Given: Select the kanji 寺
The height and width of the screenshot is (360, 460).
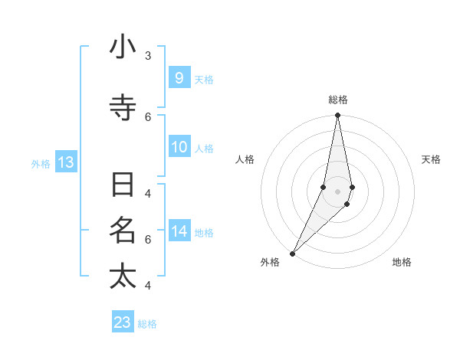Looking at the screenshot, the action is pos(123,108).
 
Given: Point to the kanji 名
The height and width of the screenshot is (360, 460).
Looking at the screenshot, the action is pos(123,230).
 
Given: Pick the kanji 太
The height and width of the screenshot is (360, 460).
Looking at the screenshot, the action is pos(123,277).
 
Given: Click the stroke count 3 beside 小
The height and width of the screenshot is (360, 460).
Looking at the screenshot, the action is pos(148,56).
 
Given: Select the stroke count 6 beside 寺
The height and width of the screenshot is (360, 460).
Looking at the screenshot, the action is pos(148,116).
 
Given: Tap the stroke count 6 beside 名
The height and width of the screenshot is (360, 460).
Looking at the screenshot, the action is pos(148,239).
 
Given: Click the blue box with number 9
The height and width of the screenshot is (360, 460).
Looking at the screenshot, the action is pos(179,77).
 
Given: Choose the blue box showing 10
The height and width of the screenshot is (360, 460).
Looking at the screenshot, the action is pos(179,147).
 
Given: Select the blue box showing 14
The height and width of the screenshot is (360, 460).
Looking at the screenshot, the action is pos(179,231).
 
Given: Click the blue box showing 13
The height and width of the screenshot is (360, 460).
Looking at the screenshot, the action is pos(65,162).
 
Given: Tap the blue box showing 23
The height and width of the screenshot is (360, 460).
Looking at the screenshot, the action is pos(123,322).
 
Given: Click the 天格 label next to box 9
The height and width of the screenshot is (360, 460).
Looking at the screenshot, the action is pos(204,79).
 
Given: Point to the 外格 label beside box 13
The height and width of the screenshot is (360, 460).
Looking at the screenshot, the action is pos(41,164).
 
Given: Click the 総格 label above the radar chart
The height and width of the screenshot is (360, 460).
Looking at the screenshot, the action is pos(337,100).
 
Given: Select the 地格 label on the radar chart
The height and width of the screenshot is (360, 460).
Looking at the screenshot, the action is pos(402,262).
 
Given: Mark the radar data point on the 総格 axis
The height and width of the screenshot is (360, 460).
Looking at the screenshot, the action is pos(337,116).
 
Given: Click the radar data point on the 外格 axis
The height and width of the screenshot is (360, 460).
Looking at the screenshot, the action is pos(293,253).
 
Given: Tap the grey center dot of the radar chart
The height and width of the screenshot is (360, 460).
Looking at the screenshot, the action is pos(337,191).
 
